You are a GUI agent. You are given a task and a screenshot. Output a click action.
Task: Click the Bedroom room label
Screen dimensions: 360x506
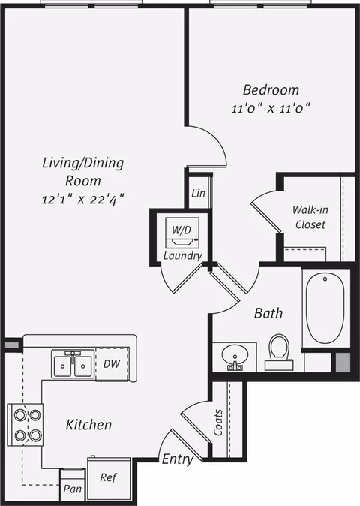tap(271, 90)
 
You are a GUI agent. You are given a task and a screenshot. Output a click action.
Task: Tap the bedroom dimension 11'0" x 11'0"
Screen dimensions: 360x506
tap(271, 109)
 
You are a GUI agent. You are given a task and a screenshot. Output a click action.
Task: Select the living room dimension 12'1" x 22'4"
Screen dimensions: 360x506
tap(82, 199)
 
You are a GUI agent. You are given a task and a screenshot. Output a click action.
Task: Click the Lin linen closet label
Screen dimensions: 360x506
tap(198, 193)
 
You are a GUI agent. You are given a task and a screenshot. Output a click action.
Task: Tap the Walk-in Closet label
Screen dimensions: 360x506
tap(310, 217)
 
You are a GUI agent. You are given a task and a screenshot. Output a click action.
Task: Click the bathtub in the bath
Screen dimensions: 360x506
tap(325, 309)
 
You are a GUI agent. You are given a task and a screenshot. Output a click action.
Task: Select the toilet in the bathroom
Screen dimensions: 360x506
tap(279, 352)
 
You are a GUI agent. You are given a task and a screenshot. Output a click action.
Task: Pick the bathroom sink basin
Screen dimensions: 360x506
tap(235, 356)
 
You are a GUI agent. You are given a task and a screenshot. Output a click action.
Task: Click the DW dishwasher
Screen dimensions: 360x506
tap(112, 363)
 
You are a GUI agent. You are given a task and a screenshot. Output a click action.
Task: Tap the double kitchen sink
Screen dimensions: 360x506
tap(73, 365)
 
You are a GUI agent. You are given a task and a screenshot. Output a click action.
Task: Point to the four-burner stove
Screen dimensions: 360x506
tap(25, 424)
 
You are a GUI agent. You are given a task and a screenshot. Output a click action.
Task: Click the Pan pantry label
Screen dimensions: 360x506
tap(72, 489)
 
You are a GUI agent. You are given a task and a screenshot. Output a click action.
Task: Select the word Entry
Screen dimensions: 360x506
tap(178, 459)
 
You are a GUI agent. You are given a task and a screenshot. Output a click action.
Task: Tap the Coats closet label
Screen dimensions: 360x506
tap(218, 423)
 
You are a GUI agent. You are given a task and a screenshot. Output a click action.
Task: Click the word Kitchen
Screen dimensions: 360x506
tap(88, 425)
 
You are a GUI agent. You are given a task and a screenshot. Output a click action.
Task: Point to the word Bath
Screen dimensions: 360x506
tap(268, 313)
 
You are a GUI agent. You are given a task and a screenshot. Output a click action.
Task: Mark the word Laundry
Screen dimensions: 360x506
tap(183, 256)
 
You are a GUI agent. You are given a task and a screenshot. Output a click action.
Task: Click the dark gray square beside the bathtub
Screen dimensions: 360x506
tap(343, 363)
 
